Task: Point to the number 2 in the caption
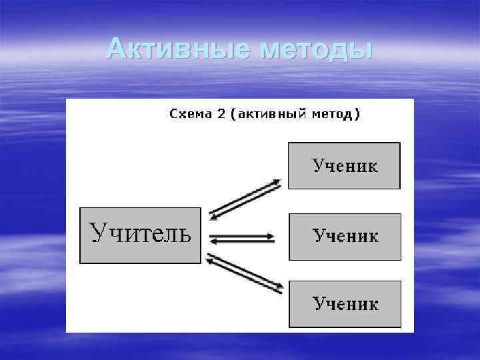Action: coord(221,114)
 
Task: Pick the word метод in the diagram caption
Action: coord(332,114)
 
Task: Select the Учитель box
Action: coord(140,235)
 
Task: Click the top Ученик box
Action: coord(344,165)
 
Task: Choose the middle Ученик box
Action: coord(345,236)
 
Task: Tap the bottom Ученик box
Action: coord(345,304)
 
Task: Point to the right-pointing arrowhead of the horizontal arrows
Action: coord(271,235)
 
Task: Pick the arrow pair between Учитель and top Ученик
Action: coord(245,198)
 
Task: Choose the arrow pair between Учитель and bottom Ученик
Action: coord(245,273)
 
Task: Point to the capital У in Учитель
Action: coord(98,233)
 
